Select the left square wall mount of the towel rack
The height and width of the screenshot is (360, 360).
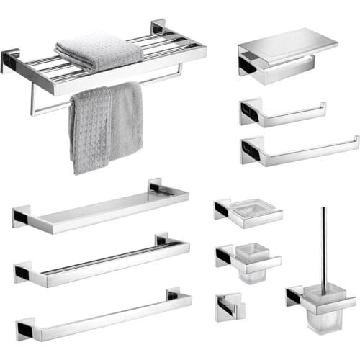point(10,61)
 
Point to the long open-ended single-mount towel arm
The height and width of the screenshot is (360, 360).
point(302,150)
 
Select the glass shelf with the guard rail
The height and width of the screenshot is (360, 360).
point(101,209)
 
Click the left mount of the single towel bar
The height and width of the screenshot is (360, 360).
point(24,329)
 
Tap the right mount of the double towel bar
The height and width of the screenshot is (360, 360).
point(163,240)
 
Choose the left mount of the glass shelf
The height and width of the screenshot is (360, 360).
point(22,216)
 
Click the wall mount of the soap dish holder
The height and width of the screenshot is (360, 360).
point(222,210)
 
